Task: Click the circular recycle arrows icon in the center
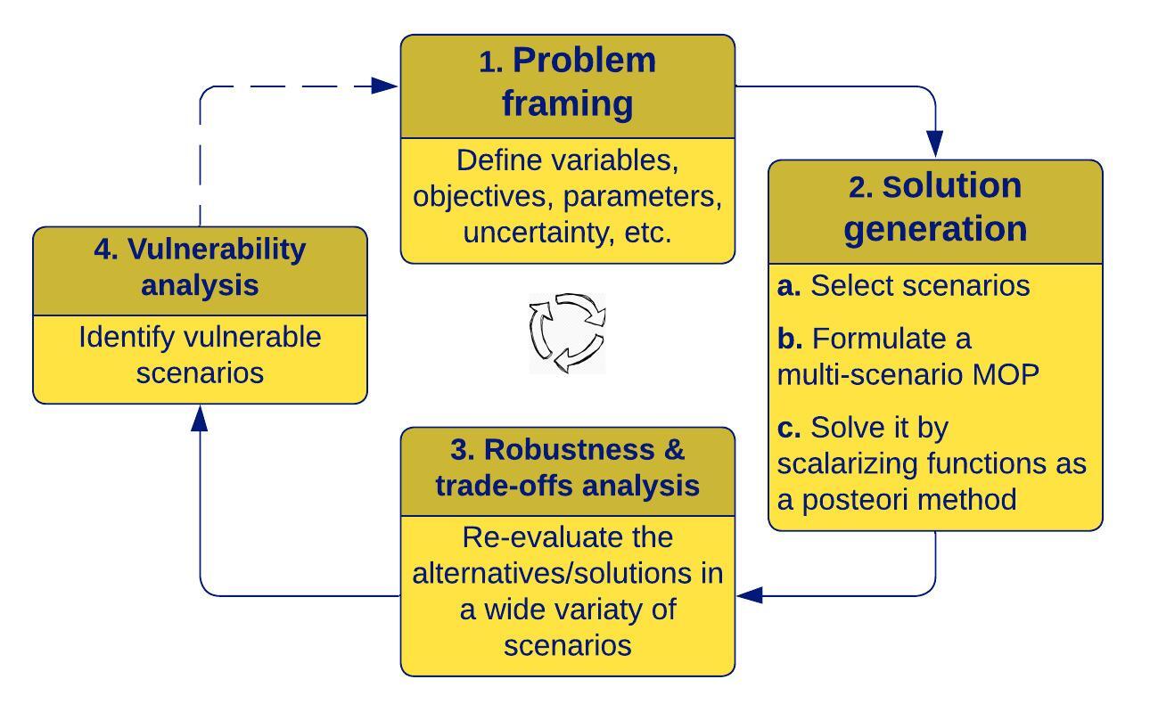(568, 332)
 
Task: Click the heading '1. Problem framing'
(568, 82)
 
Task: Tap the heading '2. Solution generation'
(935, 208)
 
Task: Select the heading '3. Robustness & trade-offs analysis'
(568, 468)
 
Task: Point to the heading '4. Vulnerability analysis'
(200, 267)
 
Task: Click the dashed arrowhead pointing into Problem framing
(384, 86)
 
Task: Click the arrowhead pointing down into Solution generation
(934, 143)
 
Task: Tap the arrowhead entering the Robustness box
(750, 594)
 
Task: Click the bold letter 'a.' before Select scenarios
(789, 286)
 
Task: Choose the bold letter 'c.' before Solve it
(789, 429)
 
